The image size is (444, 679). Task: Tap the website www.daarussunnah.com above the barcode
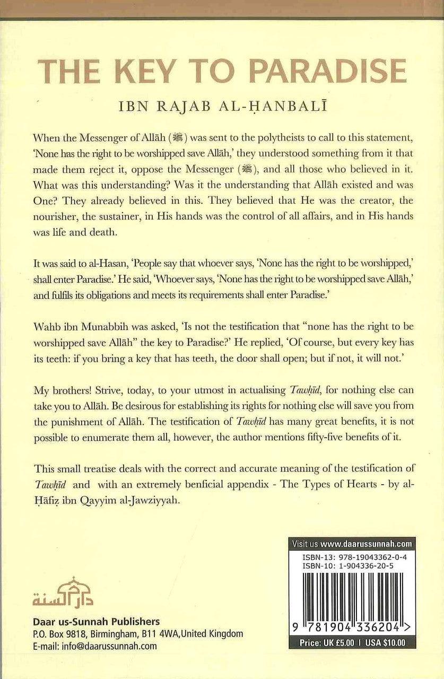click(366, 544)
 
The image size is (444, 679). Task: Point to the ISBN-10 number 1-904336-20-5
click(363, 567)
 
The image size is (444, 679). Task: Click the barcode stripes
click(354, 599)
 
